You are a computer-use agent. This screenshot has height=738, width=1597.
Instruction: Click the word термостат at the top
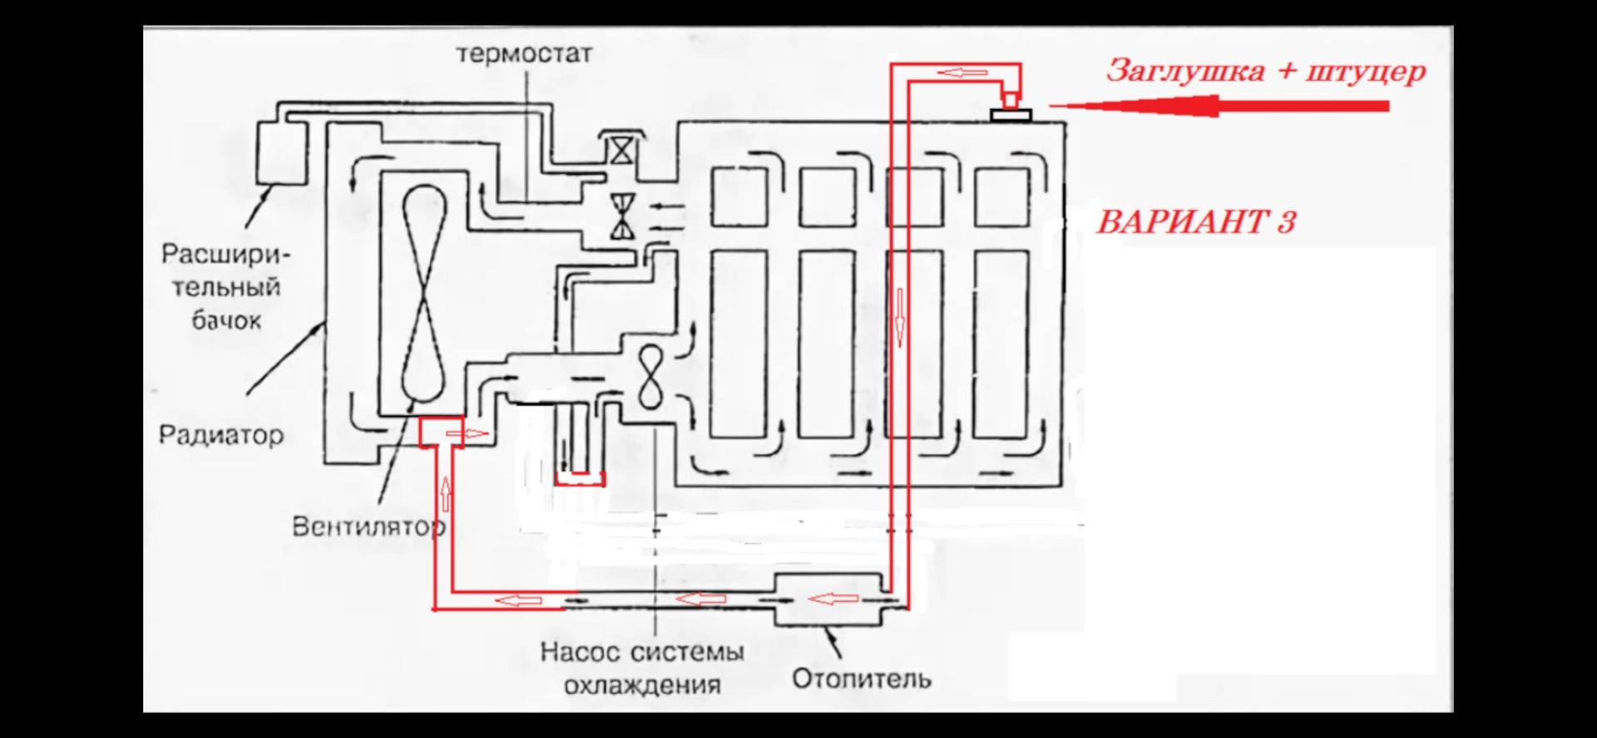pos(524,54)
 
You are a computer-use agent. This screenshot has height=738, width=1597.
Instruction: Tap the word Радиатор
pos(221,434)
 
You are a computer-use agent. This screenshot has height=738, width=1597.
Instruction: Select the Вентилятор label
pos(368,527)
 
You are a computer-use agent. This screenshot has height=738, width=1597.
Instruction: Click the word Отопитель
pos(861,679)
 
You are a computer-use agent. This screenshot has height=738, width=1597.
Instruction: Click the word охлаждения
pos(642,686)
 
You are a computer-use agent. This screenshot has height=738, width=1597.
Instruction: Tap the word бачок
pos(226,320)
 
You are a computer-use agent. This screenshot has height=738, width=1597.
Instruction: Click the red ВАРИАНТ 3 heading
pos(1196,222)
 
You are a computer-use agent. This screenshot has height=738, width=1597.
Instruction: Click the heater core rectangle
pos(828,599)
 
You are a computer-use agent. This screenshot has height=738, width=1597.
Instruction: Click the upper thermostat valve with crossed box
pos(621,151)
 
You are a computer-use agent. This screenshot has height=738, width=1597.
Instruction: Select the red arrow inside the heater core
pos(833,597)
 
